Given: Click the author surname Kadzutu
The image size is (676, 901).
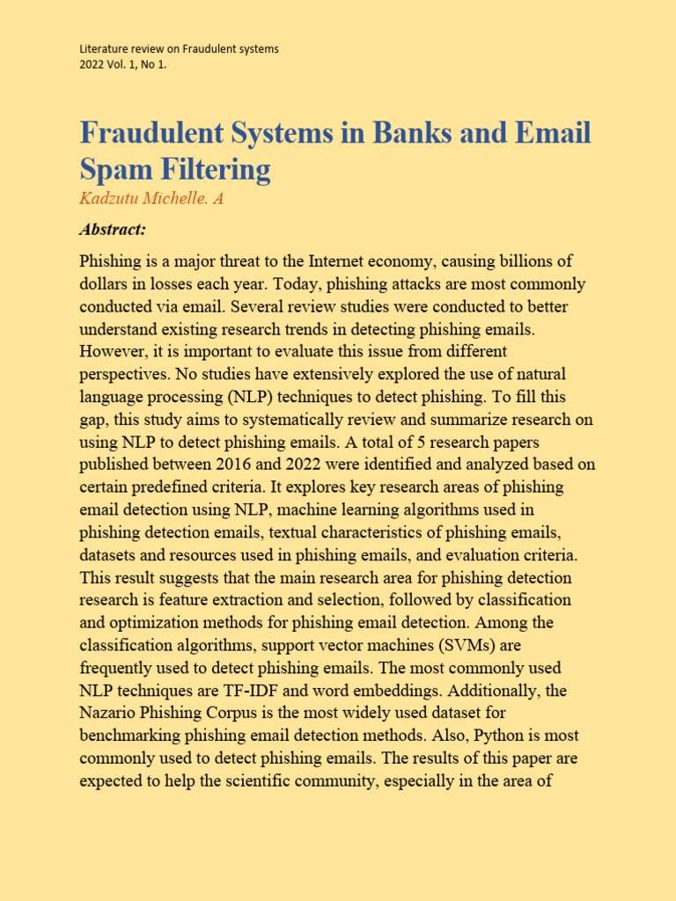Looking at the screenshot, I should pyautogui.click(x=110, y=199).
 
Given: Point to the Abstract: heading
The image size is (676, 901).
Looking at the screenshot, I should pyautogui.click(x=112, y=230).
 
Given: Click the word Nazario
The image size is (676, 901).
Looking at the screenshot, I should pyautogui.click(x=109, y=714).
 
